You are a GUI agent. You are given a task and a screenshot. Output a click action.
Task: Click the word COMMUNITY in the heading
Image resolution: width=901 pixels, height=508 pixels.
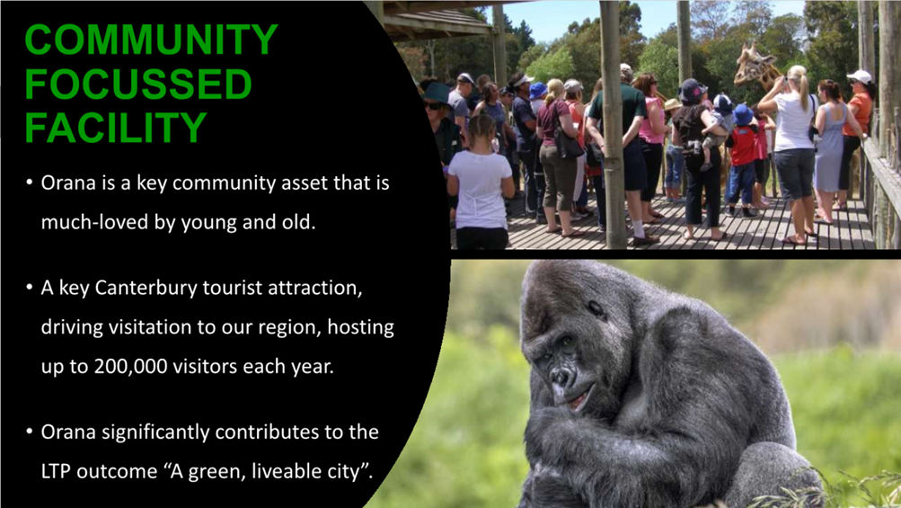point(151,40)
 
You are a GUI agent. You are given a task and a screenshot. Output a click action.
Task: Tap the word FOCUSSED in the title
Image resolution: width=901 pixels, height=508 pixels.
point(138,84)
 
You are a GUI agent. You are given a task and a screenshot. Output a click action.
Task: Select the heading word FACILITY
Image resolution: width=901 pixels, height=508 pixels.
point(116,128)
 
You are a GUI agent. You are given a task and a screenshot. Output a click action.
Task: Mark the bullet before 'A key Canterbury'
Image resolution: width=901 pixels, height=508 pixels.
point(30,287)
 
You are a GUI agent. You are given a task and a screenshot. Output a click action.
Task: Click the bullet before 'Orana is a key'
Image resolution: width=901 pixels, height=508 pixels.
point(30,183)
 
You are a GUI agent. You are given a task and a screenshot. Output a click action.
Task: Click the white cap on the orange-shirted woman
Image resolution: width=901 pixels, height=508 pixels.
point(860,76)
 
